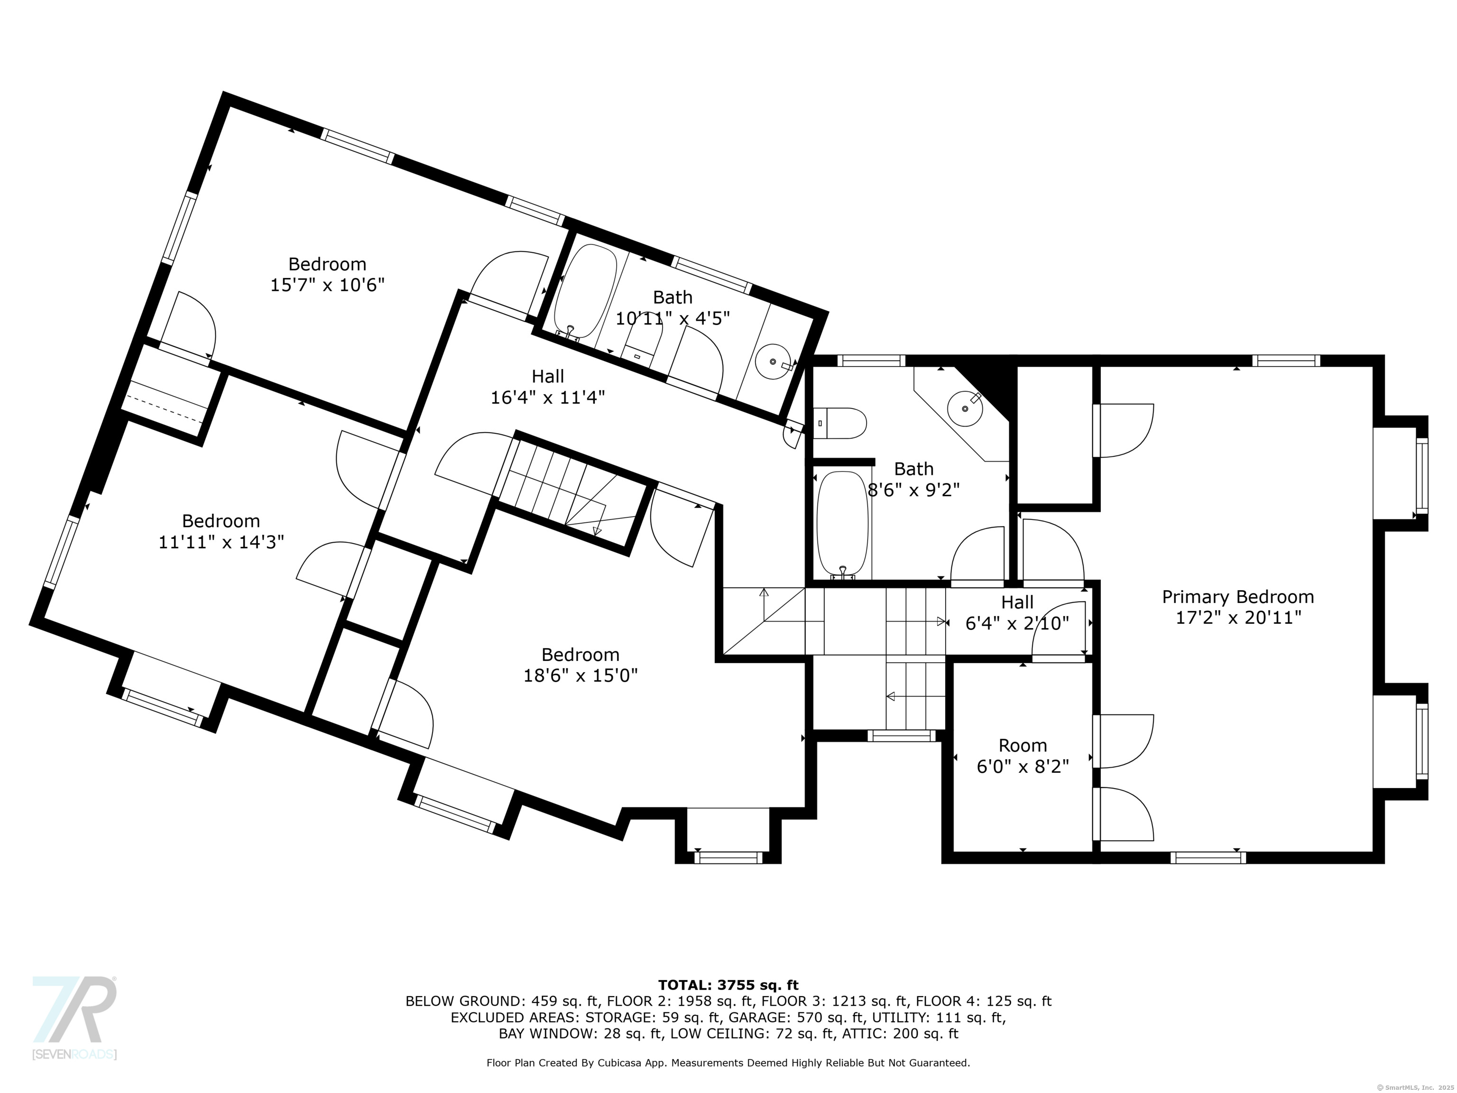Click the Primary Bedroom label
(x=1238, y=597)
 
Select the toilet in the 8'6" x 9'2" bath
(x=840, y=424)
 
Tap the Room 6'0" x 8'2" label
(x=1022, y=756)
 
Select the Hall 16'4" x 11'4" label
(x=547, y=387)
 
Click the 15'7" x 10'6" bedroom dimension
(x=327, y=285)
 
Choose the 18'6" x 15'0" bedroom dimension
(x=581, y=676)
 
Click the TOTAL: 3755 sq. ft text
(x=728, y=985)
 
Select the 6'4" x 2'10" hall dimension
(x=1017, y=623)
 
